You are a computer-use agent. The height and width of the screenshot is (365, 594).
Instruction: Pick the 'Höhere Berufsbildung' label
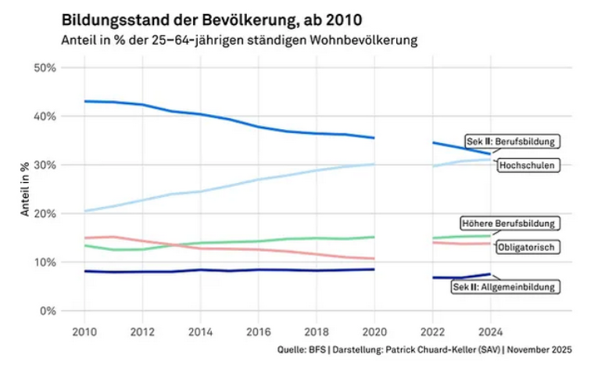click(x=509, y=223)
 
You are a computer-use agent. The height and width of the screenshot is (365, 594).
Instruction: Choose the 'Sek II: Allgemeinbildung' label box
click(x=506, y=287)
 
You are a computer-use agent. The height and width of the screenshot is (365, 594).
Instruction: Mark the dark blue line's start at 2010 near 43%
click(x=84, y=101)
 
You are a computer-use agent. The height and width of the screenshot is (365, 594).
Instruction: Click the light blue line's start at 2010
click(x=84, y=211)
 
